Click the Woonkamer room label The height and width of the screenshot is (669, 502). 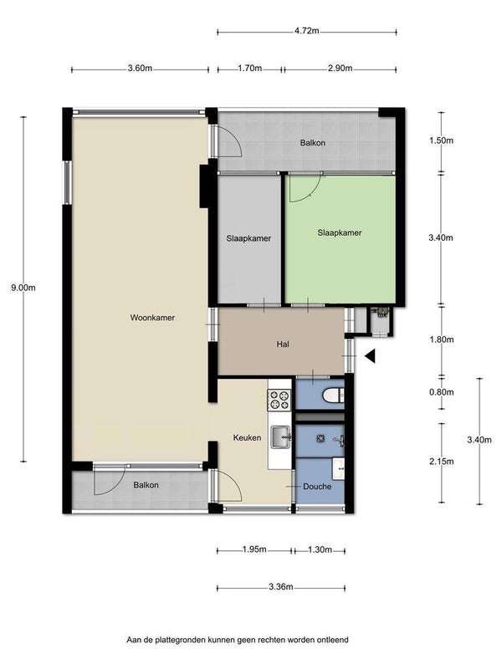pos(152,318)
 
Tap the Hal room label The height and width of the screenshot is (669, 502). pos(283,344)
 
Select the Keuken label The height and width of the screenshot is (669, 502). pos(247,437)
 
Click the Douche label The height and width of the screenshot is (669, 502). pos(317,487)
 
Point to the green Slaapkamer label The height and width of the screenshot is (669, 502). pos(340,233)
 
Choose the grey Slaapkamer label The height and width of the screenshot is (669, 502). pos(248,238)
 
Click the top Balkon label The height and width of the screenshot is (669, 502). pos(312,143)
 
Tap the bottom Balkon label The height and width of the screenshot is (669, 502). pos(146,485)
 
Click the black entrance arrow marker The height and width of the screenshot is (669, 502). pos(370,356)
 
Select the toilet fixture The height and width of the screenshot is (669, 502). pos(333,395)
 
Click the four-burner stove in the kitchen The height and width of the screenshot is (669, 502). pos(279,401)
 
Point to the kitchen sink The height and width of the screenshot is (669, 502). pos(280,437)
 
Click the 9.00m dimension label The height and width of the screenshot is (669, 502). pos(23,288)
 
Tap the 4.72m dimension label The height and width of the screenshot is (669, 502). pos(307,31)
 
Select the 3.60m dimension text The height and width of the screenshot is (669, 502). pos(140,69)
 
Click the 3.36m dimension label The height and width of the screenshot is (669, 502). pos(281,587)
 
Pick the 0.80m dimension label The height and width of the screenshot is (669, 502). pos(442,392)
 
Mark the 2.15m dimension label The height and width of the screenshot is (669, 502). pos(442,462)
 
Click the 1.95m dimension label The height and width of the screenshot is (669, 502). pos(254,549)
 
